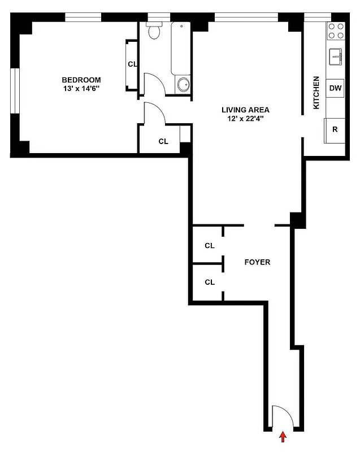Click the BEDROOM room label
[x=81, y=80]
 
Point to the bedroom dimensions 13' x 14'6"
[x=81, y=89]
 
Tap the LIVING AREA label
[x=245, y=110]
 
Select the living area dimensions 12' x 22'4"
[x=245, y=119]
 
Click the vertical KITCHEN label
[x=316, y=93]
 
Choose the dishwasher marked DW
[x=335, y=88]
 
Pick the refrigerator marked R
[x=335, y=129]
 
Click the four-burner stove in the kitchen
[x=336, y=31]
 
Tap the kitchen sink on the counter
[x=336, y=56]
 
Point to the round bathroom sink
[x=184, y=85]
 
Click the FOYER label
[x=257, y=262]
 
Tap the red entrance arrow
[x=283, y=437]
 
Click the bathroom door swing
[x=154, y=85]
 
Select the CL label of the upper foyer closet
[x=210, y=245]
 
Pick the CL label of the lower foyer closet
[x=210, y=282]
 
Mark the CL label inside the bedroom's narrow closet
[x=132, y=64]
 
